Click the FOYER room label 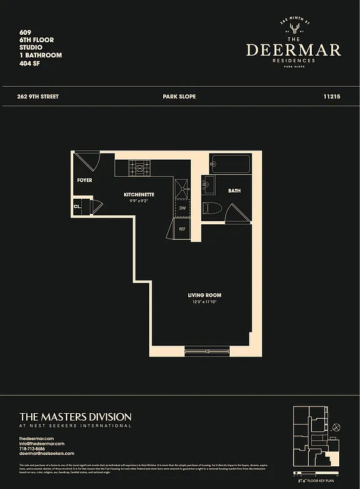pyautogui.click(x=84, y=180)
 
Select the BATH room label pyautogui.click(x=234, y=191)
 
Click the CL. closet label pyautogui.click(x=78, y=207)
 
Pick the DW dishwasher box pyautogui.click(x=182, y=208)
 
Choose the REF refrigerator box pyautogui.click(x=182, y=229)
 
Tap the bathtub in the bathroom pyautogui.click(x=230, y=164)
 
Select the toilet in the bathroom pyautogui.click(x=210, y=207)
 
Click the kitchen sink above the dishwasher pyautogui.click(x=182, y=188)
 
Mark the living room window pyautogui.click(x=207, y=351)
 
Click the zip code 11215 pyautogui.click(x=331, y=97)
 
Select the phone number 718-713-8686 pyautogui.click(x=36, y=448)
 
